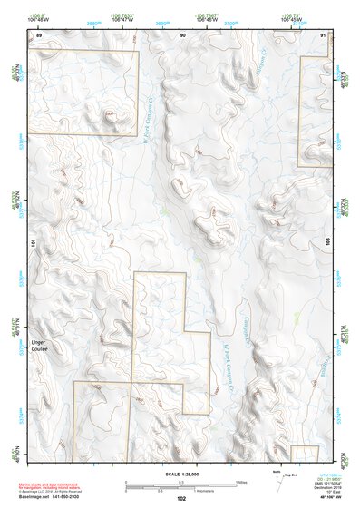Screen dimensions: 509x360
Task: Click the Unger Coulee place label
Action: click(x=38, y=346)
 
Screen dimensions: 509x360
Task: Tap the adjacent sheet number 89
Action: click(x=38, y=34)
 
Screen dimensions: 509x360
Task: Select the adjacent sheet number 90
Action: click(x=183, y=34)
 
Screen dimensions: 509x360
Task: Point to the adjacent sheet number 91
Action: click(x=324, y=34)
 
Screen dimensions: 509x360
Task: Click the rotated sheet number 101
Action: click(x=32, y=243)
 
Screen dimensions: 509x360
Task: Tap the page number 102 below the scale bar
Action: click(x=181, y=498)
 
